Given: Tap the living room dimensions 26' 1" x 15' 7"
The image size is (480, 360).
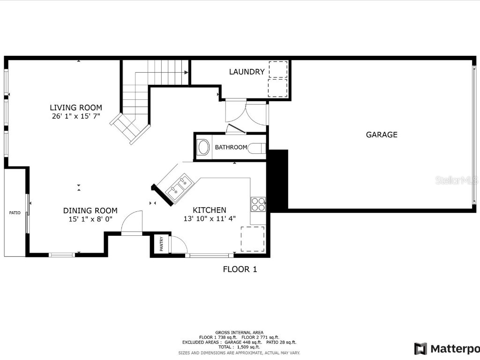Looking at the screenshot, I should [x=76, y=116].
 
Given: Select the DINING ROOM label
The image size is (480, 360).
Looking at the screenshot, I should [x=90, y=210].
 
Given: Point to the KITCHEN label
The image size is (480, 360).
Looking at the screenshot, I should [x=210, y=210].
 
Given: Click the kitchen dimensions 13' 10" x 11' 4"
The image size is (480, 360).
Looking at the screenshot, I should [x=209, y=218].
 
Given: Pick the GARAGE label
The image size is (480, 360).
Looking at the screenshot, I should [x=381, y=135].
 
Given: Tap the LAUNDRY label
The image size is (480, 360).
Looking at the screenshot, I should [x=247, y=72].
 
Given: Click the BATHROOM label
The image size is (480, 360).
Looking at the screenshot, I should [x=231, y=147].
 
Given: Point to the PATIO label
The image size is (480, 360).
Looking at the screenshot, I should [x=15, y=213].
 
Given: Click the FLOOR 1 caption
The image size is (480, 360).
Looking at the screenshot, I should [x=240, y=269].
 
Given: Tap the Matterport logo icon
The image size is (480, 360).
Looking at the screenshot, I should [x=420, y=348].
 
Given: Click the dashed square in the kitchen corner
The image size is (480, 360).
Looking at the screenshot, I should [x=253, y=239].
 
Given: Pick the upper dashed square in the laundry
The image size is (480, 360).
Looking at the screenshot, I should [x=278, y=69].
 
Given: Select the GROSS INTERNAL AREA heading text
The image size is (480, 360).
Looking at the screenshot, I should [x=239, y=332].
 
